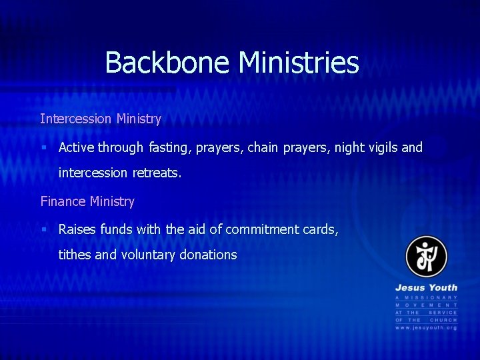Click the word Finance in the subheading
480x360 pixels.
(x=63, y=201)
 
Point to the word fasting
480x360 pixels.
(x=168, y=147)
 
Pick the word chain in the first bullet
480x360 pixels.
(x=262, y=147)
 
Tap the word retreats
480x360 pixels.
(x=157, y=173)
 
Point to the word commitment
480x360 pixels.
(x=262, y=229)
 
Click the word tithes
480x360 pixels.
(x=77, y=255)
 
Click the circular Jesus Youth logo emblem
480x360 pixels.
(x=426, y=257)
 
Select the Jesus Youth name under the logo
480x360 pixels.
(x=426, y=288)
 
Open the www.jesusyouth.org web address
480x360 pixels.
(x=426, y=327)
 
